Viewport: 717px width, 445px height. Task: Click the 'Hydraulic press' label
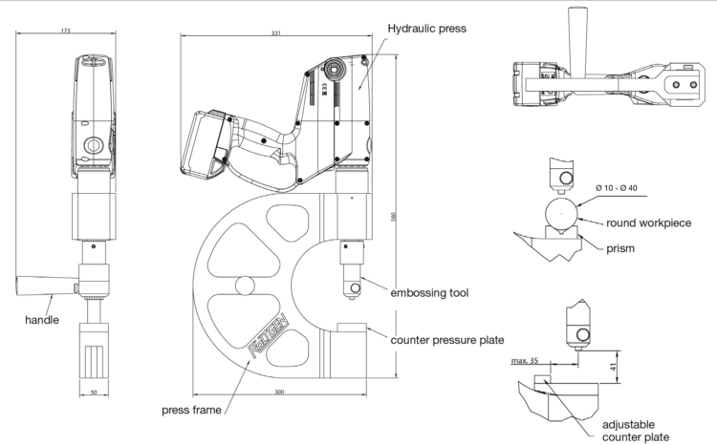click(426, 29)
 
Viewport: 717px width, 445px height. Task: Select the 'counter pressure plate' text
click(445, 339)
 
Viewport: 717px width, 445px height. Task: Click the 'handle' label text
click(42, 321)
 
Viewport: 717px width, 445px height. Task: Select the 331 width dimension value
click(275, 34)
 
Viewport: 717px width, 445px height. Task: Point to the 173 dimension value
click(65, 31)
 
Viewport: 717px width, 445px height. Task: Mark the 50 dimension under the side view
click(93, 391)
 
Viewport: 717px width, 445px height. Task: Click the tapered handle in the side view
click(43, 285)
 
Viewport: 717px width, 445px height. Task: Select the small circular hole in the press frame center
click(246, 286)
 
